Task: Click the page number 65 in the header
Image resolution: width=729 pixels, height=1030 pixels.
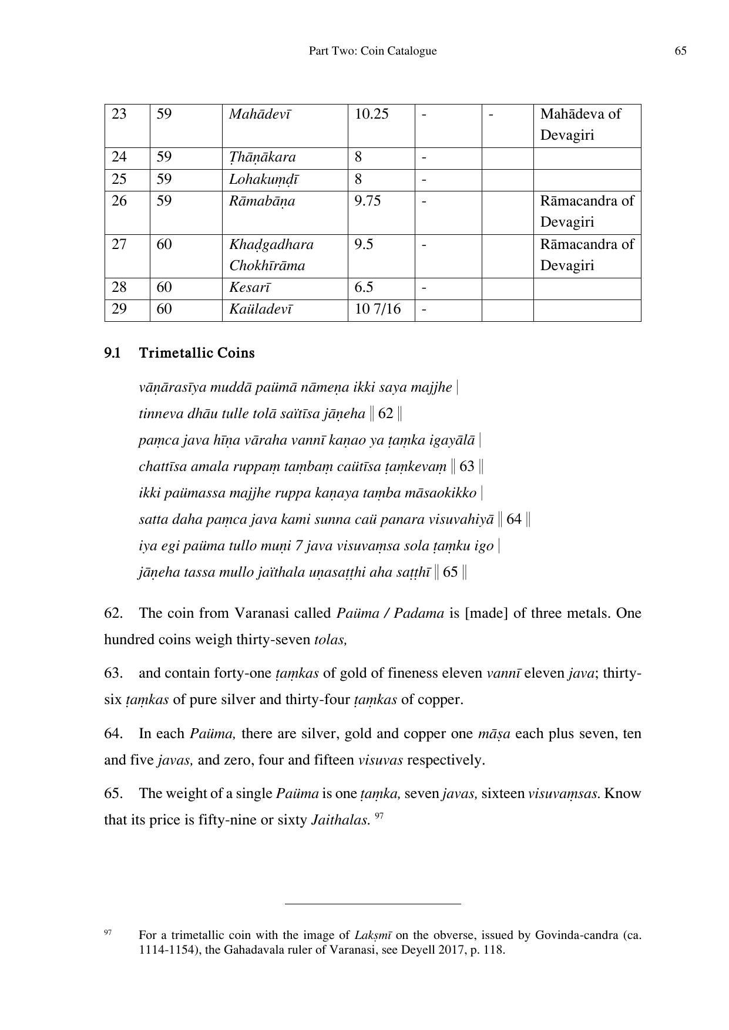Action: pyautogui.click(x=680, y=51)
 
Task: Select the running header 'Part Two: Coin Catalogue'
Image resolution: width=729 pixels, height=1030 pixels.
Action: pyautogui.click(x=372, y=51)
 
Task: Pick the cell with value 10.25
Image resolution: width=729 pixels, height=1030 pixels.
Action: pyautogui.click(x=371, y=114)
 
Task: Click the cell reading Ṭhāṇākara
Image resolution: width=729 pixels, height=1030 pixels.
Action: pyautogui.click(x=262, y=157)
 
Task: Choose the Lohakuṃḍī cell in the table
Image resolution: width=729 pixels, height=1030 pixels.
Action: pyautogui.click(x=263, y=179)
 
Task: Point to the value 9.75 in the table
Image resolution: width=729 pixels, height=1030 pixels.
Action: pyautogui.click(x=367, y=201)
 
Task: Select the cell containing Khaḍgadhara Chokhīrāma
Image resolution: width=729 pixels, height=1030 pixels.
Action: pyautogui.click(x=271, y=255)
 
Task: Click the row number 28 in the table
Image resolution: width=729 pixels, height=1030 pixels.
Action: pyautogui.click(x=119, y=287)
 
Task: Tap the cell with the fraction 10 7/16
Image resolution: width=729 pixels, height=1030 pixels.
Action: pyautogui.click(x=377, y=309)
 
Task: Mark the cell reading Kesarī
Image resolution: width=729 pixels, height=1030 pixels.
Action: pyautogui.click(x=250, y=287)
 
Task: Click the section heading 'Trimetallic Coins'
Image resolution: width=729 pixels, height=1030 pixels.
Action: pyautogui.click(x=197, y=353)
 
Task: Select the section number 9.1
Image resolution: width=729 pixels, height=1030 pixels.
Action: pyautogui.click(x=113, y=353)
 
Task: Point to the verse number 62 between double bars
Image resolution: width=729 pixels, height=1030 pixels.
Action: pyautogui.click(x=385, y=413)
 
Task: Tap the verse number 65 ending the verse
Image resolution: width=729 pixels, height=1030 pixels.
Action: pyautogui.click(x=450, y=572)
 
